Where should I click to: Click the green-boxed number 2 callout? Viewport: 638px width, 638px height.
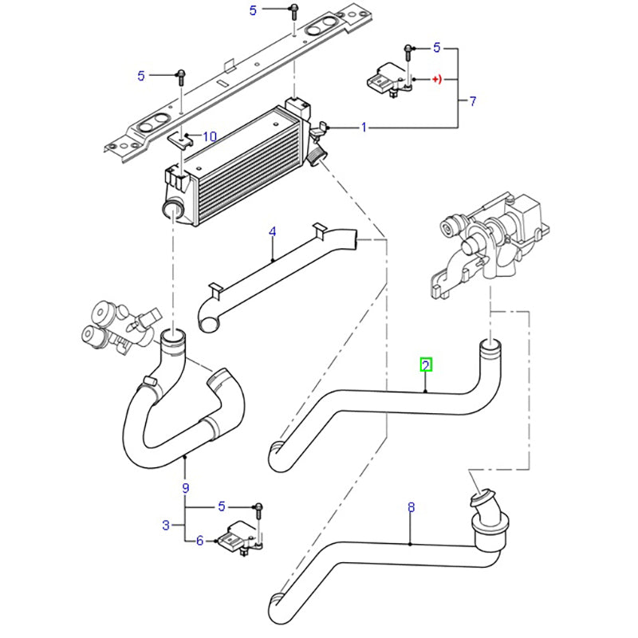(427, 365)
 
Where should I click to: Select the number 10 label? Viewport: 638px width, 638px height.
(210, 136)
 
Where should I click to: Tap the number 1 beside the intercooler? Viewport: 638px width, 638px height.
(364, 127)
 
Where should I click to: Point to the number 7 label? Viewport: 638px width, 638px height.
(472, 101)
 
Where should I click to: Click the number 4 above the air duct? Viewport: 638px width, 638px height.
(272, 232)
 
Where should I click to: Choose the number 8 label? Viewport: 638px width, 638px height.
(411, 506)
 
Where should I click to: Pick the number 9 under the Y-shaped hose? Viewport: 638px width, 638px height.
(185, 487)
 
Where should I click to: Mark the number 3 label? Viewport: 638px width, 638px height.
(165, 525)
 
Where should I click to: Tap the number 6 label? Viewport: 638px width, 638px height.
(201, 541)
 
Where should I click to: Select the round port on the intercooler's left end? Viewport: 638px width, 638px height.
(172, 210)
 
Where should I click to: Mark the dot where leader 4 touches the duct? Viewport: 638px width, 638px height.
(273, 261)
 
